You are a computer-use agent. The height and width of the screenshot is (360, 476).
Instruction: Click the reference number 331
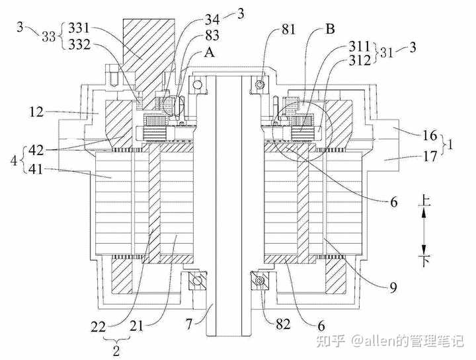click(79, 28)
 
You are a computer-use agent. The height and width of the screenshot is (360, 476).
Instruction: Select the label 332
click(79, 45)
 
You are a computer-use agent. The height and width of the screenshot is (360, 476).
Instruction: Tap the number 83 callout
click(212, 36)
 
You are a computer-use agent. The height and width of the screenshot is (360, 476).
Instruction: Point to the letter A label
click(209, 52)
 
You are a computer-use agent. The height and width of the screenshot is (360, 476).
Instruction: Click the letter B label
click(330, 29)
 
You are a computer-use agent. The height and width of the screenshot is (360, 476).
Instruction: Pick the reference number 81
click(288, 30)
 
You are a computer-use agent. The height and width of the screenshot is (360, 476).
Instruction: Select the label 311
click(360, 46)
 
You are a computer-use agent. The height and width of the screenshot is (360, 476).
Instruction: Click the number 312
click(360, 60)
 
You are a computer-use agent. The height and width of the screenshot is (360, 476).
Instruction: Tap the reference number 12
click(37, 112)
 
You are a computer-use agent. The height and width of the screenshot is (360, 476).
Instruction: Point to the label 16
click(430, 135)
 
